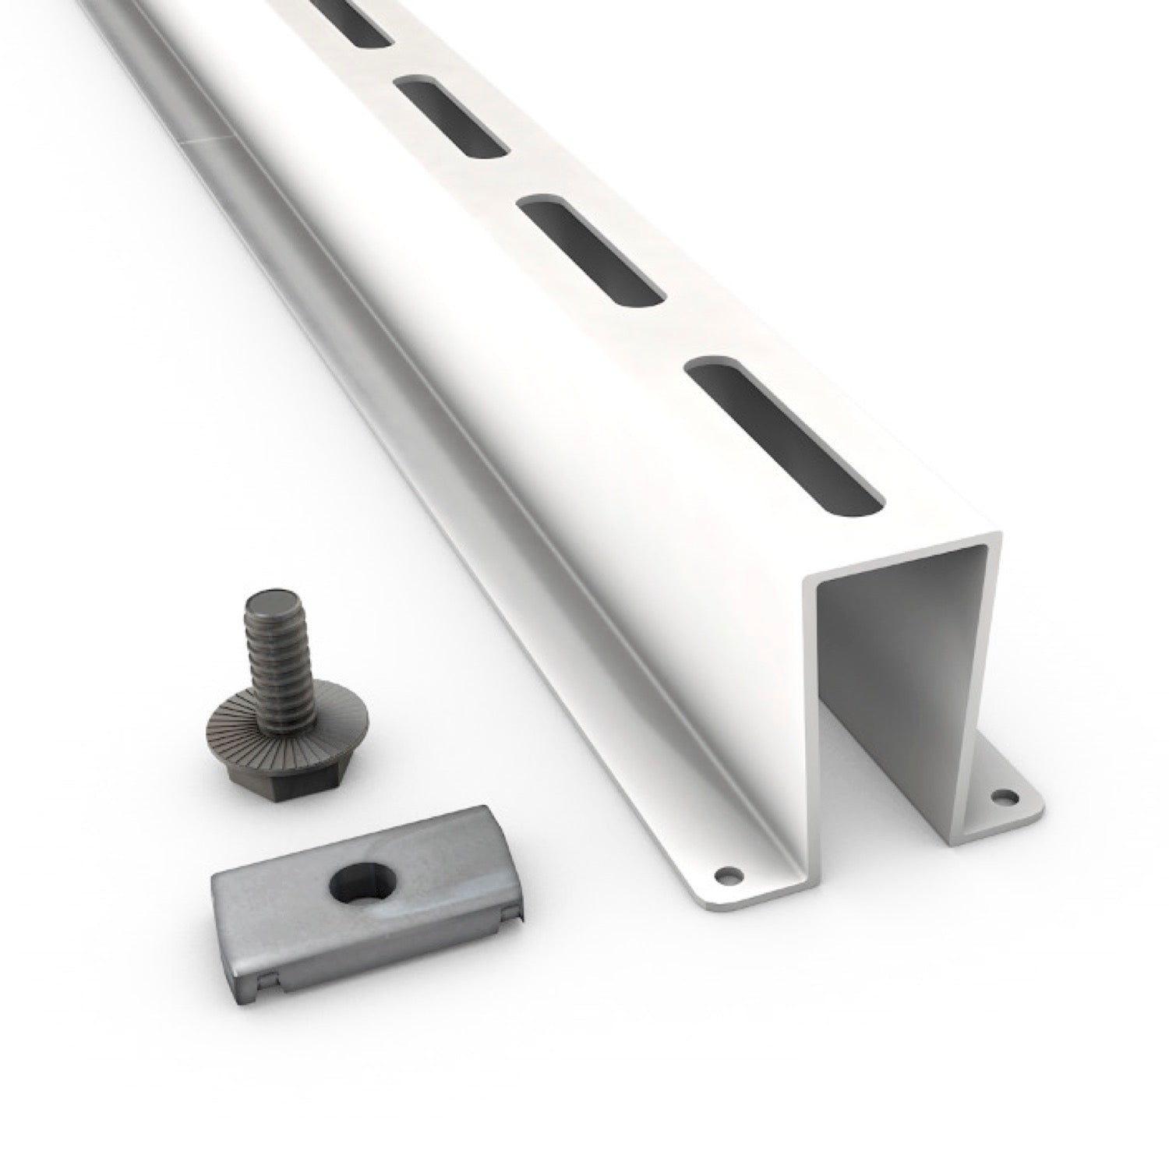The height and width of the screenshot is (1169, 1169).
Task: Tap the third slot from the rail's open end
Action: pyautogui.click(x=452, y=115)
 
